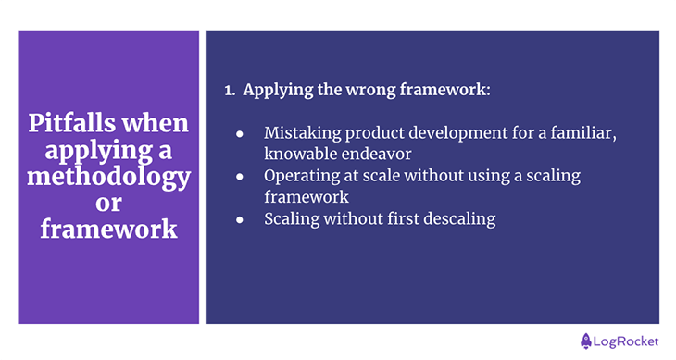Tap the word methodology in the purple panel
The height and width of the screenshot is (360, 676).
(x=108, y=175)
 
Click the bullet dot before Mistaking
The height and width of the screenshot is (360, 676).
(x=239, y=133)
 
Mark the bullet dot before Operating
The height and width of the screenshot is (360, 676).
(x=239, y=175)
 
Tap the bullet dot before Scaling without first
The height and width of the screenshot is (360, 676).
(x=239, y=219)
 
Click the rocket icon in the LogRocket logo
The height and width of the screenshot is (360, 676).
(x=586, y=341)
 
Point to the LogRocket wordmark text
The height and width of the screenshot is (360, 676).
(x=626, y=341)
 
